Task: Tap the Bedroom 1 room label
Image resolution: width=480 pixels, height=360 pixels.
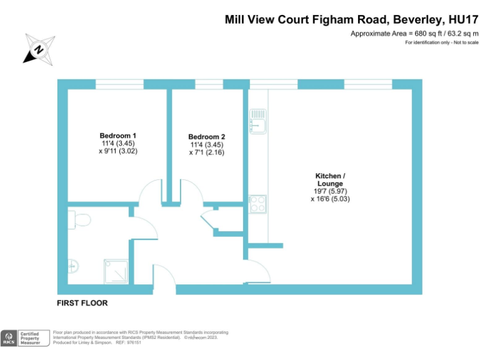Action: coord(118,136)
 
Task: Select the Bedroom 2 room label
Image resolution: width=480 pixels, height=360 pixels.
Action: coord(207,137)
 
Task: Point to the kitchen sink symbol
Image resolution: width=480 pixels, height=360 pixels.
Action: coord(257,121)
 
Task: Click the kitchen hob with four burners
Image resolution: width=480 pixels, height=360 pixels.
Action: coord(257,204)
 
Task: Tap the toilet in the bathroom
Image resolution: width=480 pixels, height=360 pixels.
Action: coord(80,219)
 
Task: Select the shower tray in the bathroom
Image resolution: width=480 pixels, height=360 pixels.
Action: coord(117,270)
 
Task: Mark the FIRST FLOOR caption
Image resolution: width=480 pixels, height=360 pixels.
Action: coord(82,303)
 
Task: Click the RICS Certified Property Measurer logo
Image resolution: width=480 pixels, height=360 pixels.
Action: coord(23,338)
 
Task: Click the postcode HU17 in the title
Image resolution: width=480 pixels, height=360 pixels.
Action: coord(459,19)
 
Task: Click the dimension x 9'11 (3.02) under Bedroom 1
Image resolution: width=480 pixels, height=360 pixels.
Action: coord(118,151)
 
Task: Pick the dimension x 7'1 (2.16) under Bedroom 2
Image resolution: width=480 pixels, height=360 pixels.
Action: coord(207,152)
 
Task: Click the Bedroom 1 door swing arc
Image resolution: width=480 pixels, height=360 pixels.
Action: coord(151,191)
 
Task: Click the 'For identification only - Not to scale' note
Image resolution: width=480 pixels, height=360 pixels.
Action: coord(441,42)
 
